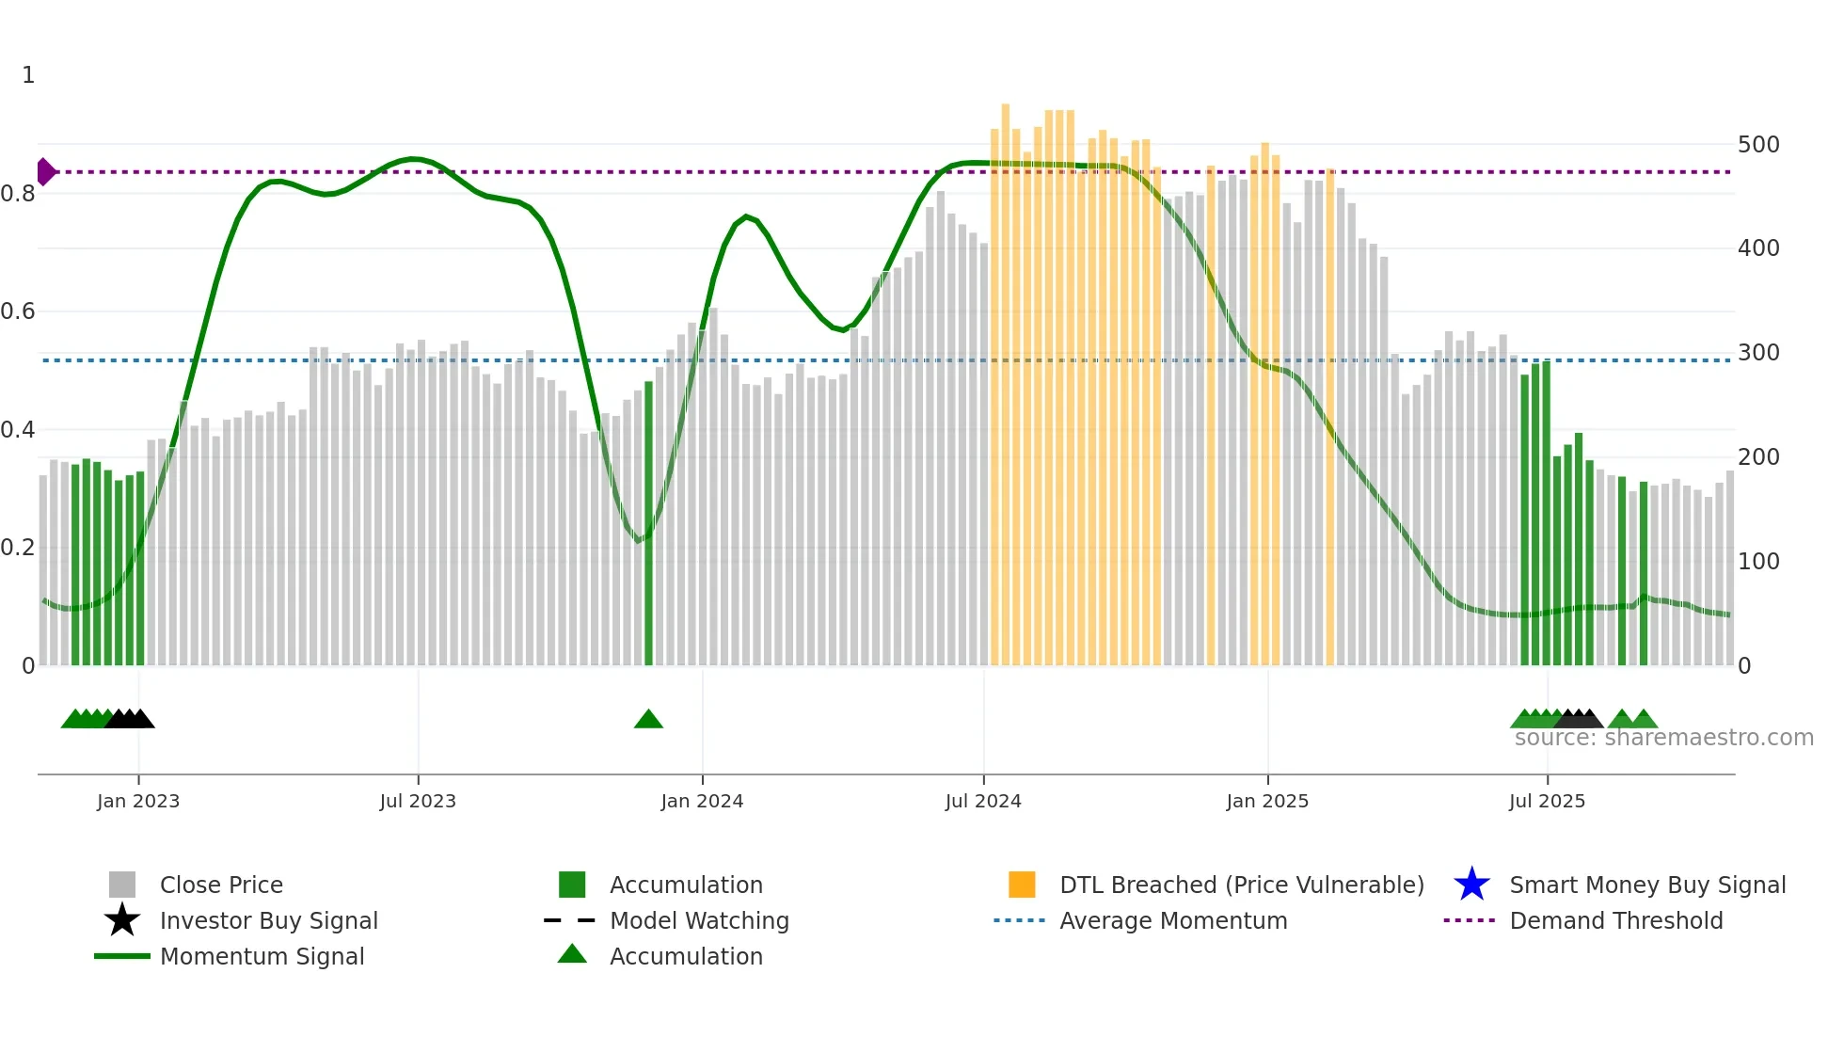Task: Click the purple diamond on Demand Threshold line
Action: [x=45, y=172]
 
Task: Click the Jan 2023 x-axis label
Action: [x=137, y=802]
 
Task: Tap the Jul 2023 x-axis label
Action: [x=418, y=802]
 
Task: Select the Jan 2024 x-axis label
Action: [x=702, y=802]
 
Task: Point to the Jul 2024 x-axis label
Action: [x=983, y=802]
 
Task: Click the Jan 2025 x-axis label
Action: [x=1267, y=802]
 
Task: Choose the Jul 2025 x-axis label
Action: [x=1547, y=802]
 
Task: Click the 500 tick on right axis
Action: [x=1758, y=145]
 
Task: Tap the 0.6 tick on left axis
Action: [x=18, y=311]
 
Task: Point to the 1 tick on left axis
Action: [x=28, y=75]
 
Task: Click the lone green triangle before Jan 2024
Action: [x=648, y=720]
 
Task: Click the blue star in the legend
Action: [x=1471, y=885]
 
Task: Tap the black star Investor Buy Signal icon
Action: [x=122, y=920]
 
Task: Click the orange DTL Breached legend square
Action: [x=1022, y=885]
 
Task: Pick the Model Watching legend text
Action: [x=699, y=920]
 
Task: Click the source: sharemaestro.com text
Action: [x=1663, y=738]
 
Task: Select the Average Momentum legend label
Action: [x=1173, y=920]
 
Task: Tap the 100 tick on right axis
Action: [x=1758, y=562]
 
